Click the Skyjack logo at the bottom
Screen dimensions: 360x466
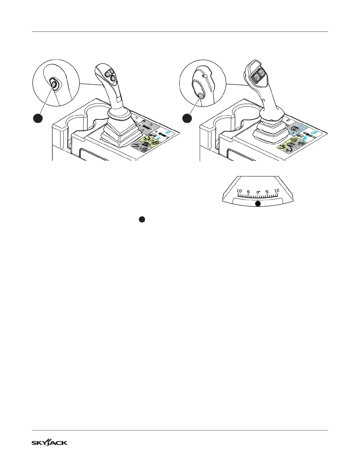(50, 443)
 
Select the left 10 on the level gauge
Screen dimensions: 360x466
(239, 191)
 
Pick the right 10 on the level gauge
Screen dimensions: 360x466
(276, 191)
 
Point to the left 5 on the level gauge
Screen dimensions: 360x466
(249, 192)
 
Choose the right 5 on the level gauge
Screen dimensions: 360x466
(267, 192)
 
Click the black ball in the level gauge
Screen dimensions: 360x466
(258, 204)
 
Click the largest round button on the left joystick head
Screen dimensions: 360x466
(113, 78)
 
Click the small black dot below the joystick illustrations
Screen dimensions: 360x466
(141, 219)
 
